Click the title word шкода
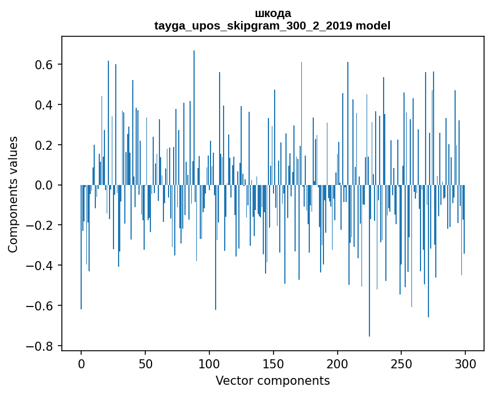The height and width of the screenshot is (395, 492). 272,13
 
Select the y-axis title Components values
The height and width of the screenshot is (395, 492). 13,194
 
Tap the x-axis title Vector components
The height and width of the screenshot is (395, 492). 272,380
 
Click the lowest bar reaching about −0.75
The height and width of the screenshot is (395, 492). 369,261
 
